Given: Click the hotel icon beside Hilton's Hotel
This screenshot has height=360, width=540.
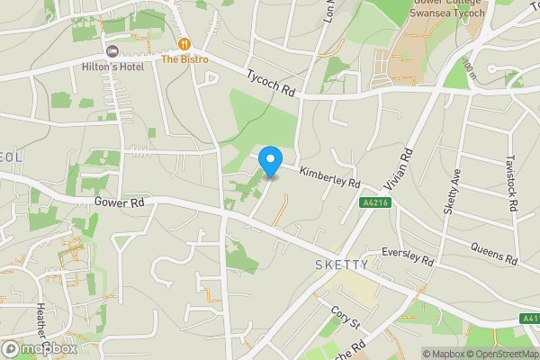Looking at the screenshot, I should (x=112, y=50).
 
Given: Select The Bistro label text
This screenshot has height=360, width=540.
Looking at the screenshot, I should (x=184, y=59).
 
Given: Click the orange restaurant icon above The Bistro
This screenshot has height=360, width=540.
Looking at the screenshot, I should (x=184, y=44).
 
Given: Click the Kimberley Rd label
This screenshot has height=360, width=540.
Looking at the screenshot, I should (x=329, y=175).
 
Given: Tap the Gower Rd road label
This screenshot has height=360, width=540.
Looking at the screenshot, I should (x=119, y=203).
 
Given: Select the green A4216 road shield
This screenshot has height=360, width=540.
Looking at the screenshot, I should (x=376, y=203).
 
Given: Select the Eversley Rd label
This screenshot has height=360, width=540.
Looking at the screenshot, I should (x=408, y=256).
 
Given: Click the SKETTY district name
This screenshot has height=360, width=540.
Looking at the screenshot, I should (x=342, y=265).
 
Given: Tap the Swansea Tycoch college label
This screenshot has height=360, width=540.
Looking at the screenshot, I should (x=446, y=12).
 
